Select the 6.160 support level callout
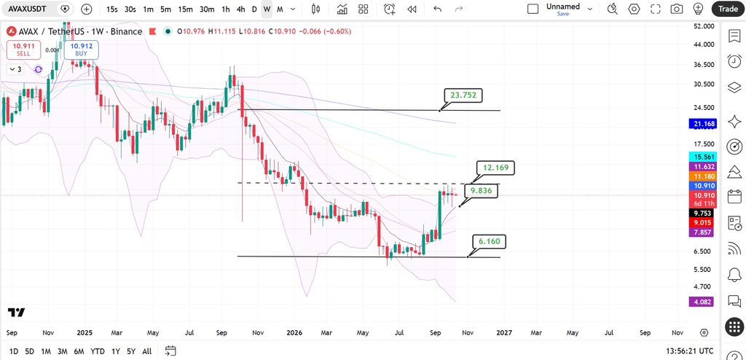point(489,241)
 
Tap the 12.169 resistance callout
point(495,168)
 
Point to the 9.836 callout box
point(482,192)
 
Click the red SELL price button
point(23,50)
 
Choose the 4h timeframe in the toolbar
point(240,9)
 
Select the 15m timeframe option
point(185,9)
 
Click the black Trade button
point(728,9)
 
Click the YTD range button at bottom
point(98,351)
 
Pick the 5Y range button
point(131,351)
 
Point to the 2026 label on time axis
point(294,332)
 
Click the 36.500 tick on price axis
point(701,64)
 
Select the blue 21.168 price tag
point(702,124)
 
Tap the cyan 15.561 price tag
point(702,157)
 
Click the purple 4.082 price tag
point(701,302)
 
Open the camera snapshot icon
point(677,9)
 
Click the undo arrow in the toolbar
point(438,9)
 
